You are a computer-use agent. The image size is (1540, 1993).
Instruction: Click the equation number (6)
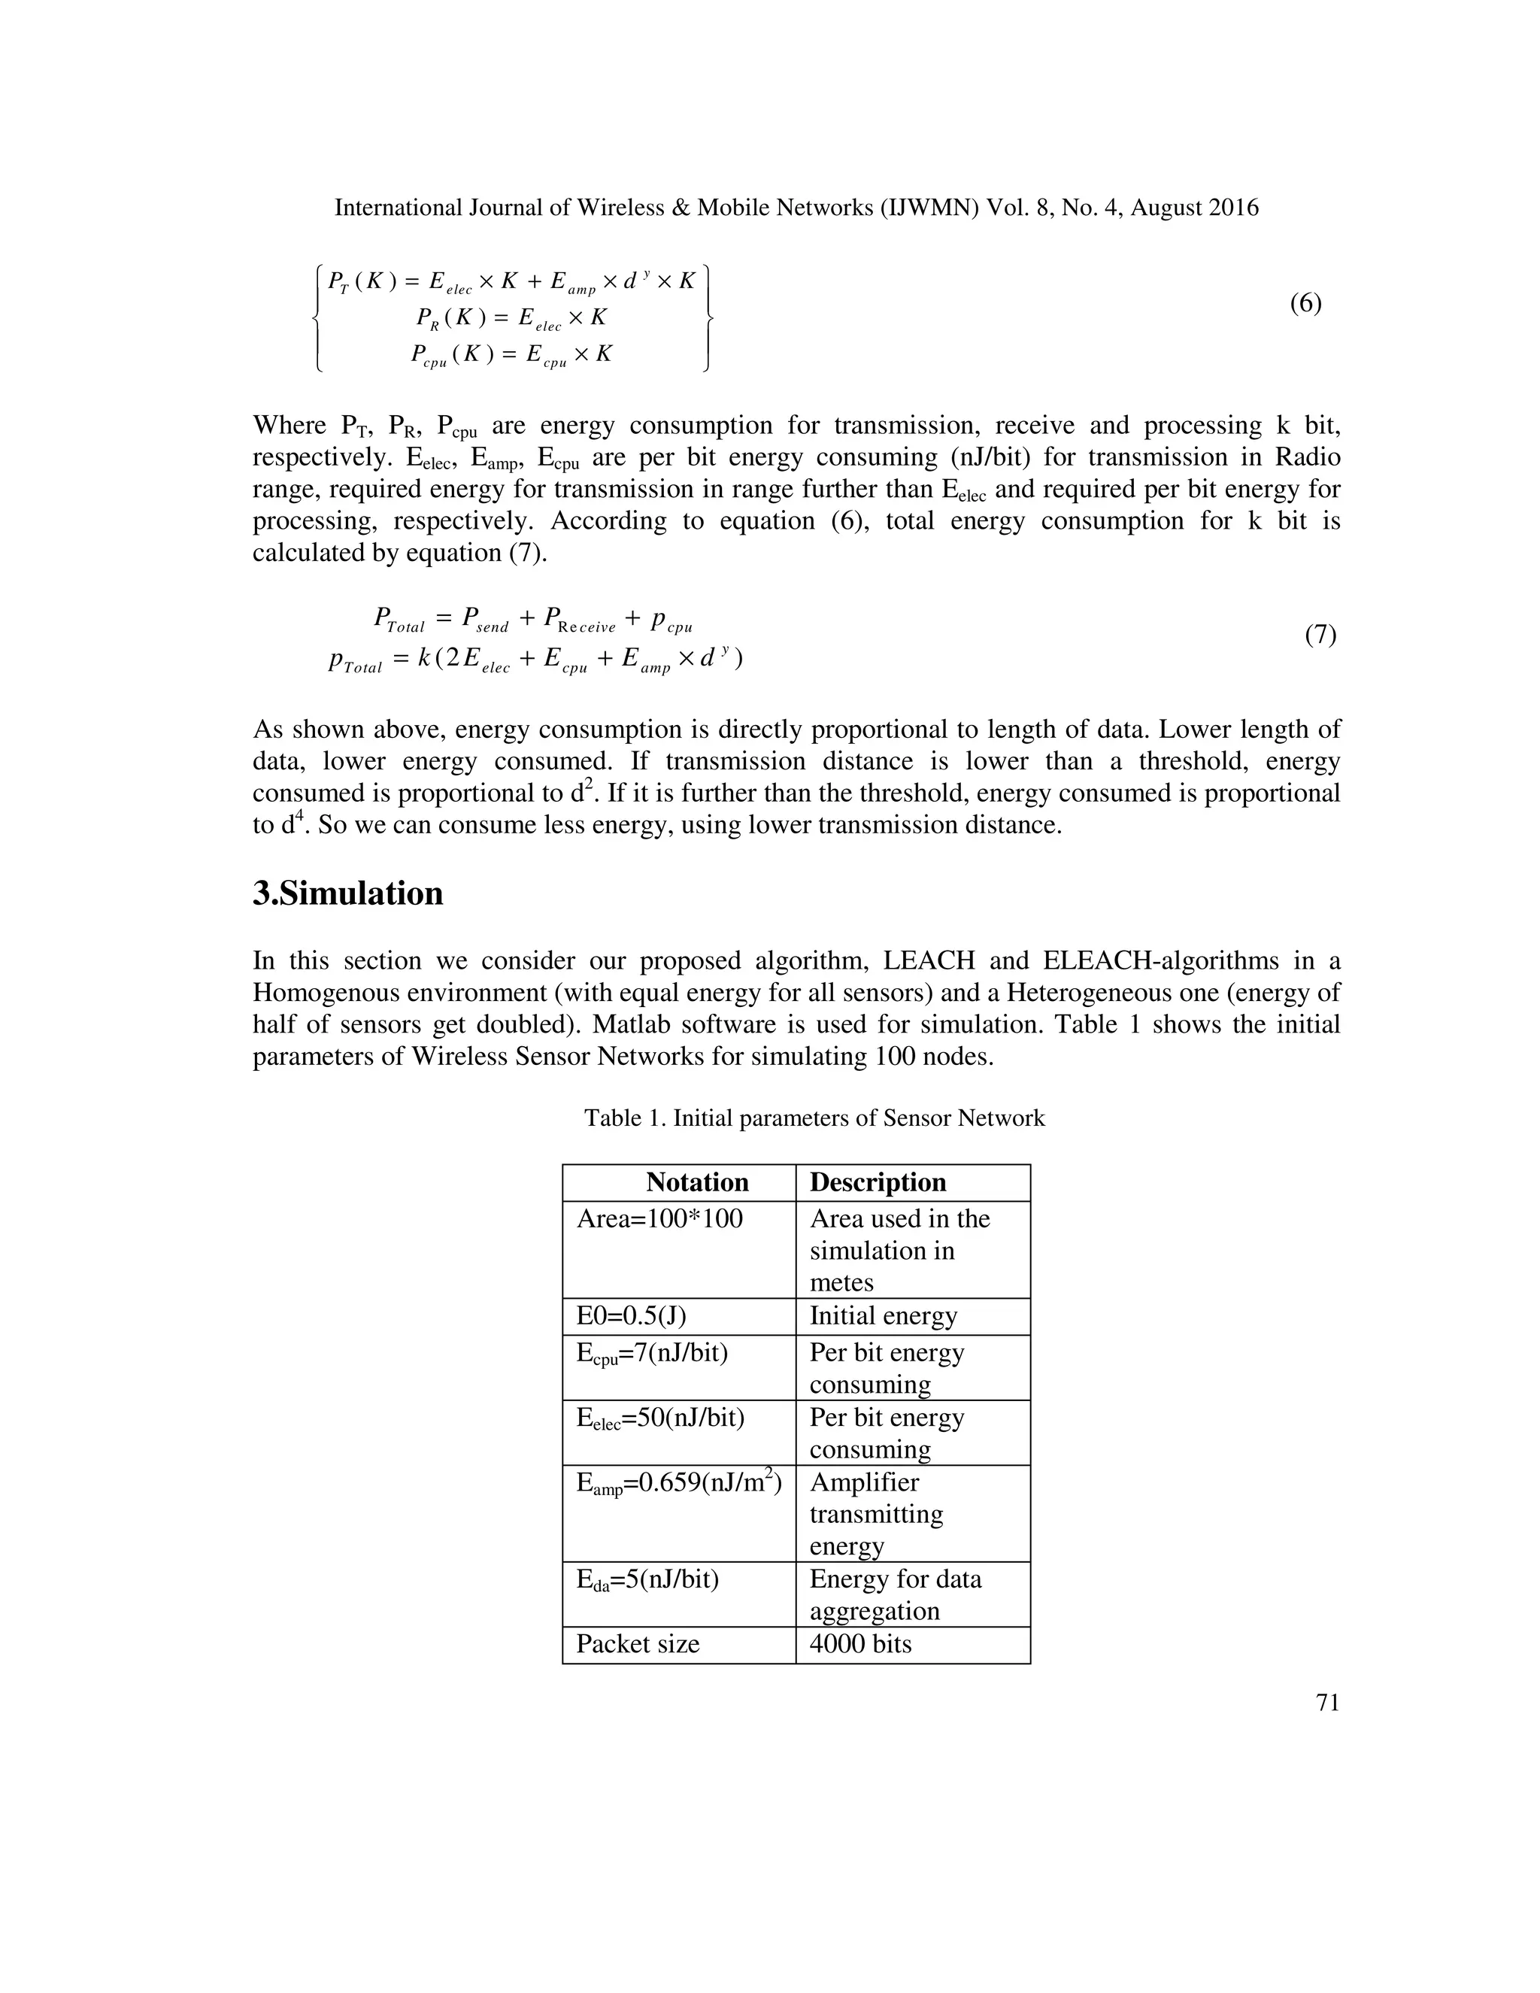pos(1305,304)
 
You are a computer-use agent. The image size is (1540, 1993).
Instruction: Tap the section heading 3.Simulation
pos(347,893)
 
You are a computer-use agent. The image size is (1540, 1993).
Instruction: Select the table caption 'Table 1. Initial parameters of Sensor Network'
pos(814,1118)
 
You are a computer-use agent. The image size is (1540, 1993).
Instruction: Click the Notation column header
pos(697,1183)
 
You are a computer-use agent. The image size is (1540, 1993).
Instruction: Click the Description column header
pos(878,1183)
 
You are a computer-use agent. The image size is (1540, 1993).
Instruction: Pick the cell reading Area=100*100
pos(659,1219)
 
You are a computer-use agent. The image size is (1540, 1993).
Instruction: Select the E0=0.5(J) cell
pos(632,1316)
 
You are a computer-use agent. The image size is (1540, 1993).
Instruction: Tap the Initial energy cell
pos(883,1316)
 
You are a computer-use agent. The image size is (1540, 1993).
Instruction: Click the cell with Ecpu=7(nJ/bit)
pos(651,1353)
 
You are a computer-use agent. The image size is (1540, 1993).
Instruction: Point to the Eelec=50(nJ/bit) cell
pos(659,1418)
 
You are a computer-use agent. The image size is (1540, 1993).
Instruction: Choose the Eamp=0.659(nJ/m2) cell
pos(679,1484)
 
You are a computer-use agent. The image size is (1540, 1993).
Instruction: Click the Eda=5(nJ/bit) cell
pos(647,1579)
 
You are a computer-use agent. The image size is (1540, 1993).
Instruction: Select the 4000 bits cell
pos(860,1644)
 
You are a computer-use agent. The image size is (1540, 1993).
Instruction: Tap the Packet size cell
pos(638,1644)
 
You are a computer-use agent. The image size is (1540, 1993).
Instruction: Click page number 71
pos(1327,1703)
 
